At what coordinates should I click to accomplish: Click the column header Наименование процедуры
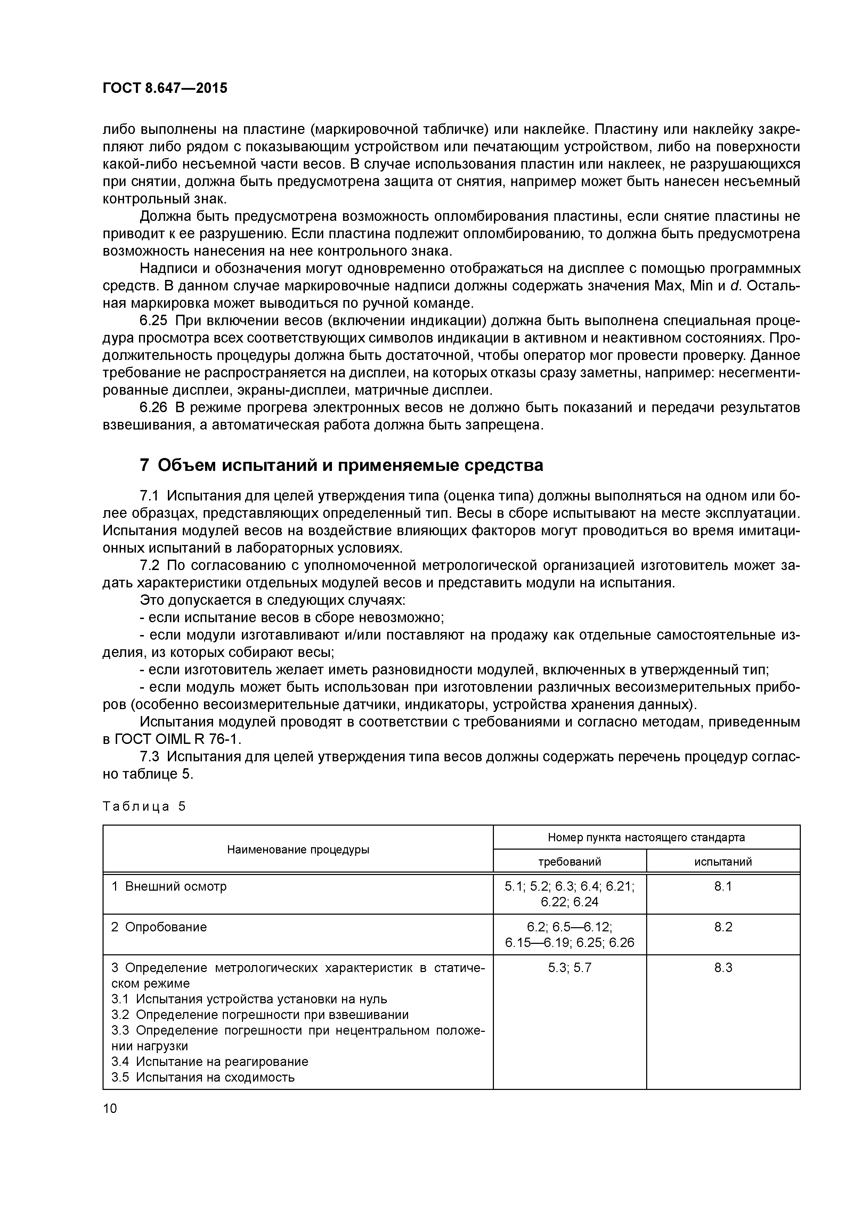pos(298,850)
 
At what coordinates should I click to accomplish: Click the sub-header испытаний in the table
pos(723,862)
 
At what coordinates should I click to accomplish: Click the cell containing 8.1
pos(723,886)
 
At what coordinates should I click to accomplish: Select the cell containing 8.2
pos(723,927)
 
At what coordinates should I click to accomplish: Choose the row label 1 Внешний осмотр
pos(169,886)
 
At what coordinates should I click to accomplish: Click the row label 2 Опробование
pos(159,927)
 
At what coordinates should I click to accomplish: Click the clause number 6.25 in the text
pos(153,321)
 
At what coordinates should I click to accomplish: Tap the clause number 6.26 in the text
pos(153,408)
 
